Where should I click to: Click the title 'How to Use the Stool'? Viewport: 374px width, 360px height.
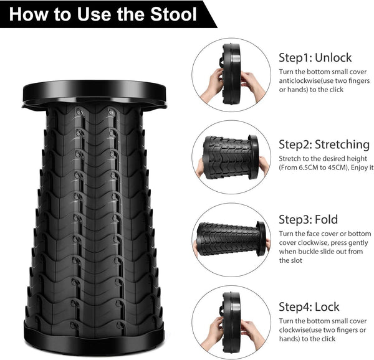tap(103, 14)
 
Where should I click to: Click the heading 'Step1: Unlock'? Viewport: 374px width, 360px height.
tap(315, 57)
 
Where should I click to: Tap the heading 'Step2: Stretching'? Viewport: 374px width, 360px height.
tap(324, 144)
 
